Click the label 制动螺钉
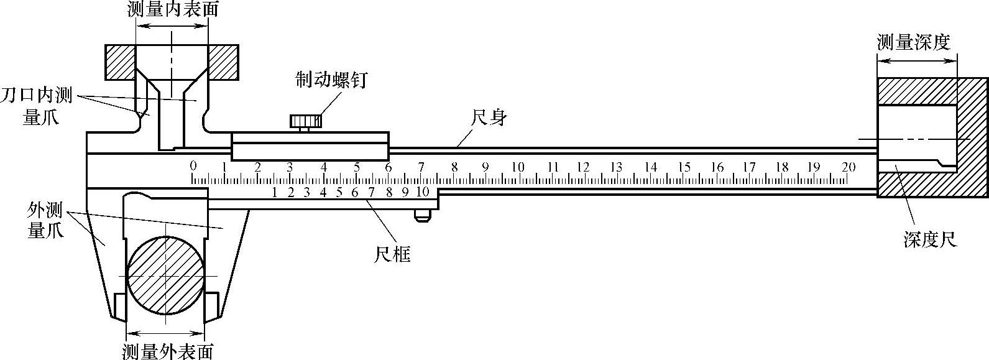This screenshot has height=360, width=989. pos(332,80)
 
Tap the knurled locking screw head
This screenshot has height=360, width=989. pos(305,120)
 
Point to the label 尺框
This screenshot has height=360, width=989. pos(392,254)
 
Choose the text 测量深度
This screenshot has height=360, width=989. pos(914,42)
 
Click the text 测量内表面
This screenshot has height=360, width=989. pos(172,9)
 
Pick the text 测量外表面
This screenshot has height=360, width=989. pos(168,351)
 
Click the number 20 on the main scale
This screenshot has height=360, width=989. pos(848,167)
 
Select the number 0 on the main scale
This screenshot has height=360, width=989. pos(193,165)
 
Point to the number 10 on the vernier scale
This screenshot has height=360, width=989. pos(422,192)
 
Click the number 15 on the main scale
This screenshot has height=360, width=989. pos(684,167)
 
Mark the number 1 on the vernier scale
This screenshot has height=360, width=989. pos(274,192)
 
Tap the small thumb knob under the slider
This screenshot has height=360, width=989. pos(422,215)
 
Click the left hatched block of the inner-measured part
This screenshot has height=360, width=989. pos(119,62)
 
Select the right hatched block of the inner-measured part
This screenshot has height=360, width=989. pos(223,62)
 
